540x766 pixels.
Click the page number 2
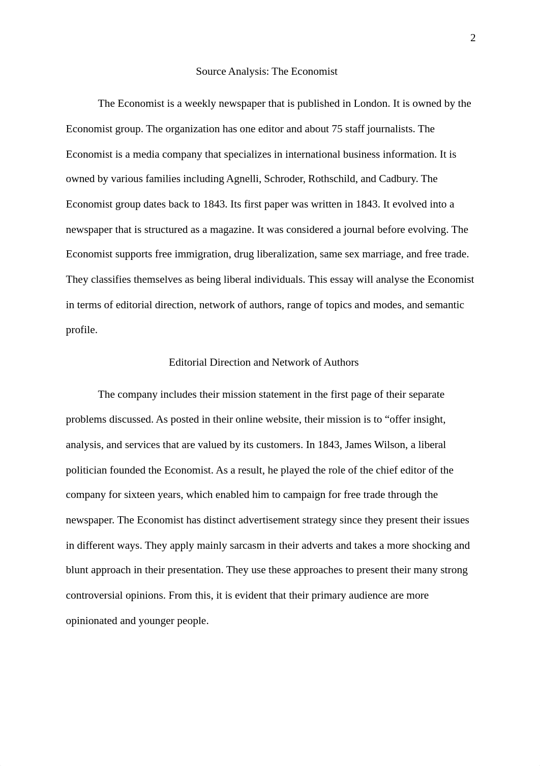coord(473,38)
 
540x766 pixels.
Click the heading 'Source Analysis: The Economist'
coord(266,72)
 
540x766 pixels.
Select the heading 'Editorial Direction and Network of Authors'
coord(263,363)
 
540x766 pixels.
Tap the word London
coord(371,104)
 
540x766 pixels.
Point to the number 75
coord(337,129)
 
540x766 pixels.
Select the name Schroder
coord(284,179)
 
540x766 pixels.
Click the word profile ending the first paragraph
coord(81,330)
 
